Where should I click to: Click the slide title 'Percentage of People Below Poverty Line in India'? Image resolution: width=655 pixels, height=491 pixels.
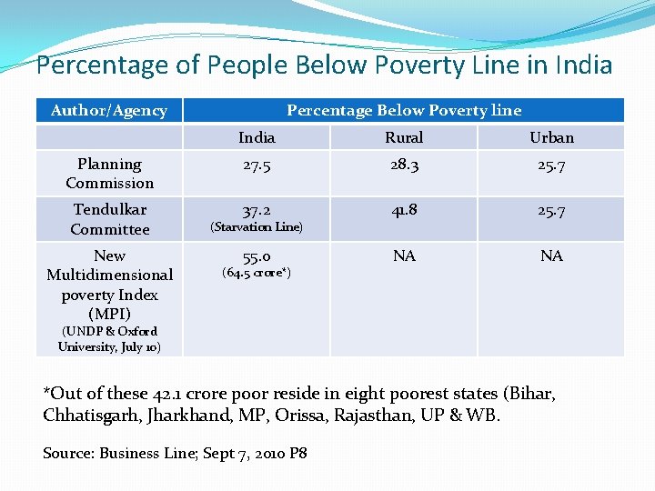(x=324, y=65)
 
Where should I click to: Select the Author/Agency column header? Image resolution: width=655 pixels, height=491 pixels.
(x=109, y=110)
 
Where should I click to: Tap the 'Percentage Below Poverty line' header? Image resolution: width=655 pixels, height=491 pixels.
(x=404, y=110)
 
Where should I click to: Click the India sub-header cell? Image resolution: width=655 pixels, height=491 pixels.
(x=257, y=137)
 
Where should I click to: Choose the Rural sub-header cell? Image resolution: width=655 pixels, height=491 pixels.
(x=404, y=137)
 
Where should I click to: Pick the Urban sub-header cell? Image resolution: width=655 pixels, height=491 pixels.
(x=551, y=137)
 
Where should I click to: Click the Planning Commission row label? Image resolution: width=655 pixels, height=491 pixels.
(x=109, y=173)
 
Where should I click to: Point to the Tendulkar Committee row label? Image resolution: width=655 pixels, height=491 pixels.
(x=109, y=219)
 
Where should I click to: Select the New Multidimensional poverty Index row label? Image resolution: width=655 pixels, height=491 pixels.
(x=109, y=285)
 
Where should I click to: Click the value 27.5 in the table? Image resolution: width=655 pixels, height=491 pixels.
(x=257, y=165)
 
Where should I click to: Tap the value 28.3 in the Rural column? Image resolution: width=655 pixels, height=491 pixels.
(x=404, y=165)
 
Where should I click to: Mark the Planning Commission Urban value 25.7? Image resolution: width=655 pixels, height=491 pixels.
(x=551, y=165)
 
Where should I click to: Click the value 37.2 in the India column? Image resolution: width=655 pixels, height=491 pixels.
(x=257, y=210)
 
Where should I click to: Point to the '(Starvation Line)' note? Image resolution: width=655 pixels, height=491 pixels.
(x=257, y=226)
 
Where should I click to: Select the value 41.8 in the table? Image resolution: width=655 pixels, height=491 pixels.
(x=404, y=210)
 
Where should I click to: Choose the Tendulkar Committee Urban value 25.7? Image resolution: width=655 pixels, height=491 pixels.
(x=551, y=210)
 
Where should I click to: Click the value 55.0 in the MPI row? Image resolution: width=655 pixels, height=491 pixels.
(x=257, y=256)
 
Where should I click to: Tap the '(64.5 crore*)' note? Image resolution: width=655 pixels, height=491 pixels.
(x=257, y=273)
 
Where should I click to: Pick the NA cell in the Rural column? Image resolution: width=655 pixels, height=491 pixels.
(x=404, y=256)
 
